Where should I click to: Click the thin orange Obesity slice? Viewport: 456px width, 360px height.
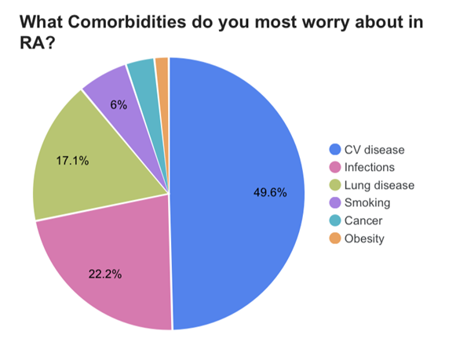coord(162,69)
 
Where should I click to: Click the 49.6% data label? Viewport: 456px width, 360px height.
coord(269,193)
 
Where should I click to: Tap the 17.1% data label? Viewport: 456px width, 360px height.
coord(72,161)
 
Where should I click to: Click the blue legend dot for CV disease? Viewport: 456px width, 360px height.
coord(335,150)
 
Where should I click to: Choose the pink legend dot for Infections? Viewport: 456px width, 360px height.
coord(335,168)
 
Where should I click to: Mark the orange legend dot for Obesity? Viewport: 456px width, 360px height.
coord(335,238)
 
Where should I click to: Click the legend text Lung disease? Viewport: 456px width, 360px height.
coord(379,185)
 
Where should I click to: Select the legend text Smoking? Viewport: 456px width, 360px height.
coord(367,203)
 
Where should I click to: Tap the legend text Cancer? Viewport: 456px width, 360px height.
coord(364,220)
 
